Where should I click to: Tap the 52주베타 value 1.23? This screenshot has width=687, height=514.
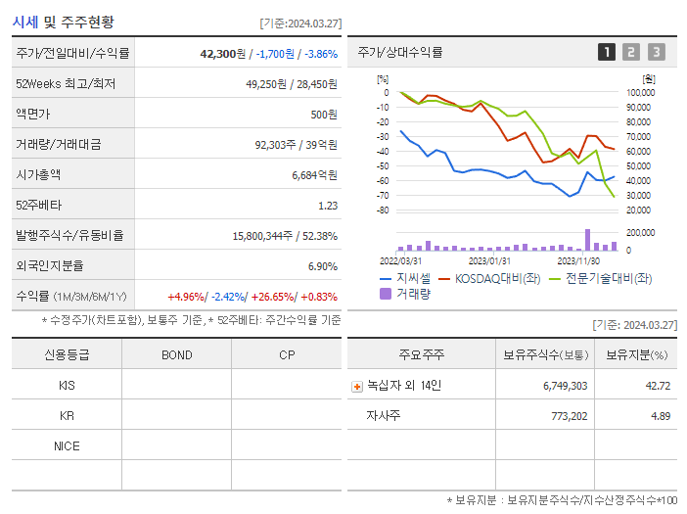(x=327, y=205)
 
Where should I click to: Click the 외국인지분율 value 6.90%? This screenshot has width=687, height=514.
(x=322, y=265)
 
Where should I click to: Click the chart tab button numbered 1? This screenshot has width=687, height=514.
(x=607, y=52)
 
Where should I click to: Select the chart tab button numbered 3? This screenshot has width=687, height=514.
(x=656, y=52)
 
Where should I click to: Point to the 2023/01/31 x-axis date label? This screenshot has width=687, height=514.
(x=489, y=260)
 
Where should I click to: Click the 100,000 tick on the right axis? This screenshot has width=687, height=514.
(x=640, y=93)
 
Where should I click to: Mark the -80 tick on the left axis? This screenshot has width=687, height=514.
(x=383, y=210)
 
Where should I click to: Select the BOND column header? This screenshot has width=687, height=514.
(x=176, y=354)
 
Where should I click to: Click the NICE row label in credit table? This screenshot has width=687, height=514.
(x=67, y=445)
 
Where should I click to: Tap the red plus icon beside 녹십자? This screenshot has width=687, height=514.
(x=357, y=387)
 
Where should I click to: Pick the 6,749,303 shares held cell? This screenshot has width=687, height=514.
(x=565, y=386)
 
